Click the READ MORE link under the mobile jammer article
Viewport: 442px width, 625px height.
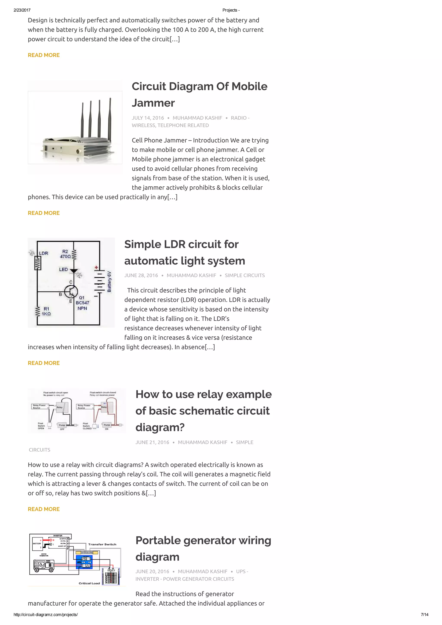[44, 213]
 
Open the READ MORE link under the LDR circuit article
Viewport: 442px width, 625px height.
[44, 363]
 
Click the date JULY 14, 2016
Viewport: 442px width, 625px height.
[148, 118]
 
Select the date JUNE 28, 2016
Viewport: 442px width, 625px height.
[141, 275]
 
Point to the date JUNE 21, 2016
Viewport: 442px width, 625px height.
[152, 442]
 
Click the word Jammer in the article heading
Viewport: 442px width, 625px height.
[153, 103]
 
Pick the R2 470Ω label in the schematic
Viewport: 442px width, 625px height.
[65, 254]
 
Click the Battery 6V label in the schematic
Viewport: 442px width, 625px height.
[109, 282]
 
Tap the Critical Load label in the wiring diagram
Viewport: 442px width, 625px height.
[89, 583]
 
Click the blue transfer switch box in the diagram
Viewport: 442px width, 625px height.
[84, 562]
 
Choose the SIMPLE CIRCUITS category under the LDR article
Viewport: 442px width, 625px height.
[245, 275]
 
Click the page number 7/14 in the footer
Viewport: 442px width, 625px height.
[424, 614]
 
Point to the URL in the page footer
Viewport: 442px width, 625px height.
[46, 614]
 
